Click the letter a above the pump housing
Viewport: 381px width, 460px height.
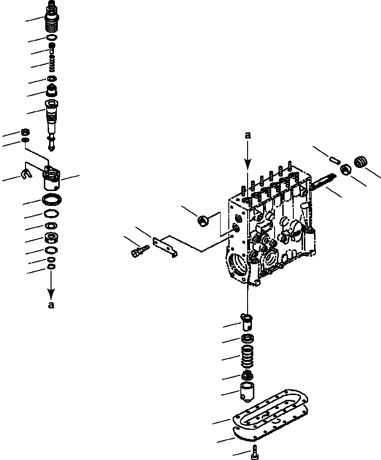click(x=248, y=136)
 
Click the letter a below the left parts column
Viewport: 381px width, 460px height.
click(x=51, y=305)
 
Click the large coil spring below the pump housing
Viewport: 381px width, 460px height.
click(x=247, y=359)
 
